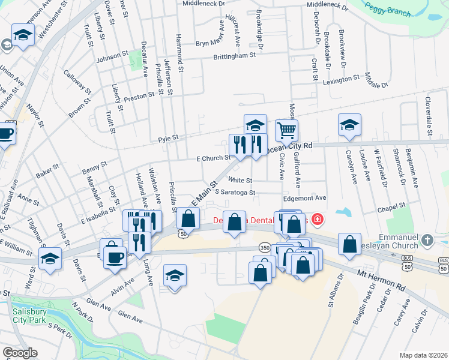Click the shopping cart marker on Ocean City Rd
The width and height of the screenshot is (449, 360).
[x=287, y=130]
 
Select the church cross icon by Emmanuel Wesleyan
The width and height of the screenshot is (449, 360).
[x=427, y=240]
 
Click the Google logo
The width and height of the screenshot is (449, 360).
[x=20, y=353]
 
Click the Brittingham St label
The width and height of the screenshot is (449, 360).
[x=234, y=55]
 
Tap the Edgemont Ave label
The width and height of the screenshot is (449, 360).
[x=304, y=197]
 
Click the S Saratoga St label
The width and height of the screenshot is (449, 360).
[x=231, y=193]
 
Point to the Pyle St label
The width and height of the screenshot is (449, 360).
[x=168, y=138]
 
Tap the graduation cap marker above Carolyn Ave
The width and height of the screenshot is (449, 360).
[x=349, y=124]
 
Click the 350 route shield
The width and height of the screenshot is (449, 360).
[x=265, y=247]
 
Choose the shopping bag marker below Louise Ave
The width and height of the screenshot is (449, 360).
[x=349, y=244]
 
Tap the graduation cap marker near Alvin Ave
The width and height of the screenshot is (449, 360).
[x=175, y=275]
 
